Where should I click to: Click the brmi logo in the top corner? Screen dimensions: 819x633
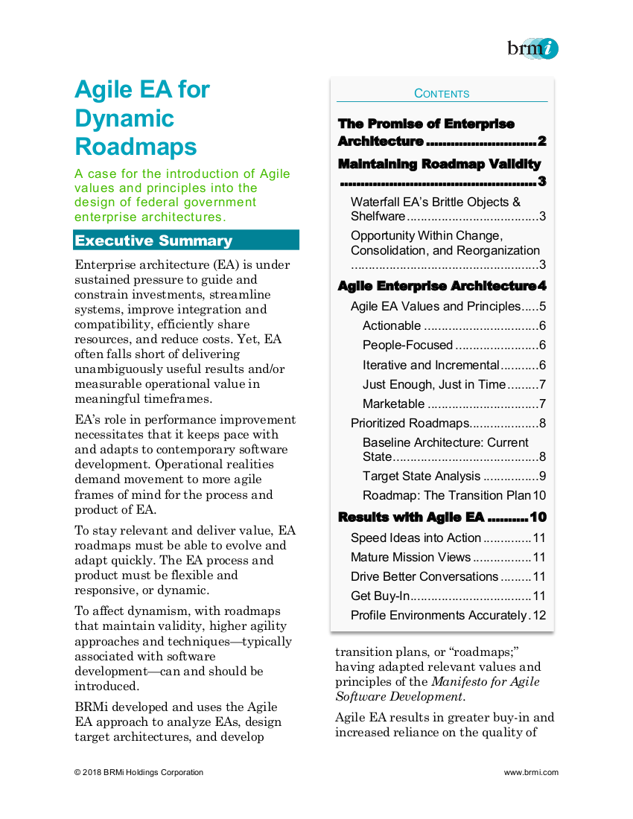(532, 48)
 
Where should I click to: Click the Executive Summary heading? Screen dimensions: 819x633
(154, 240)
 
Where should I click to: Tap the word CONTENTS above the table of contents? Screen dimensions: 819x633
(442, 94)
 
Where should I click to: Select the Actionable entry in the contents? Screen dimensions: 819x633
(392, 325)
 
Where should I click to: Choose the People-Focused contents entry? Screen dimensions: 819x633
(407, 345)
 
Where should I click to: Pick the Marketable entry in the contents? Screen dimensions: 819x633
(394, 404)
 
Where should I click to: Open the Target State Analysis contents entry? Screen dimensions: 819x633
(422, 476)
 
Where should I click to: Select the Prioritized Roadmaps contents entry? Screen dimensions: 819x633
(410, 423)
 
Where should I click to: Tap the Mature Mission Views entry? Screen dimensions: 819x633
(410, 557)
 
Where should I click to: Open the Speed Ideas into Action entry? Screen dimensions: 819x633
(416, 538)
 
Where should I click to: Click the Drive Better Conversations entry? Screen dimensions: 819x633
(424, 576)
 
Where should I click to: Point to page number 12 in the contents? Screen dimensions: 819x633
(540, 615)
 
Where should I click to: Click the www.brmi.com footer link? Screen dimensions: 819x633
(531, 772)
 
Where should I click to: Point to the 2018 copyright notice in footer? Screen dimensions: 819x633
(139, 772)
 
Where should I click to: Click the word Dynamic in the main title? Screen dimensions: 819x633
(124, 118)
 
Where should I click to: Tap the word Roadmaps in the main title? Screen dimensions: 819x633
(136, 146)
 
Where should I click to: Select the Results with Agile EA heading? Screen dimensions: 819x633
(411, 517)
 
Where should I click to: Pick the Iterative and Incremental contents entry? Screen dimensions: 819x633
(430, 365)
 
